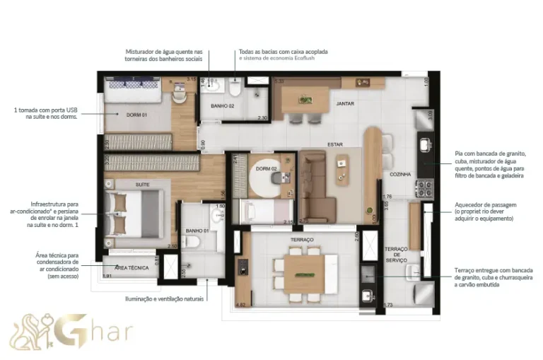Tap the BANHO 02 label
223,105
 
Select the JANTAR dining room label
345,103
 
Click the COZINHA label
400,173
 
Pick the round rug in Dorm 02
267,178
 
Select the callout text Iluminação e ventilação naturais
165,299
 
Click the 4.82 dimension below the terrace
240,304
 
